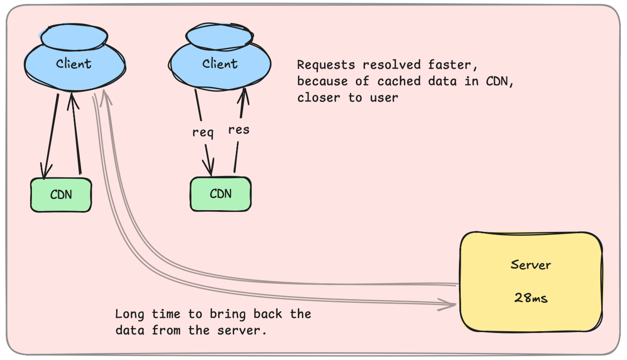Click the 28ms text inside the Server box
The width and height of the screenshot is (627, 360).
531,297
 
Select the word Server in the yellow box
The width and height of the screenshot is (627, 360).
531,265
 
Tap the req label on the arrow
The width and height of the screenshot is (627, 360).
203,132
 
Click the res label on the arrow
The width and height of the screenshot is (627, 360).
239,129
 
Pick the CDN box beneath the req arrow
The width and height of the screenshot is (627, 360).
220,194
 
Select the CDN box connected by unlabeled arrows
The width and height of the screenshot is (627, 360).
61,195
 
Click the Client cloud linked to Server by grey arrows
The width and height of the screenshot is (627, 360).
74,63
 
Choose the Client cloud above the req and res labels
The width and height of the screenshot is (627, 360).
219,63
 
